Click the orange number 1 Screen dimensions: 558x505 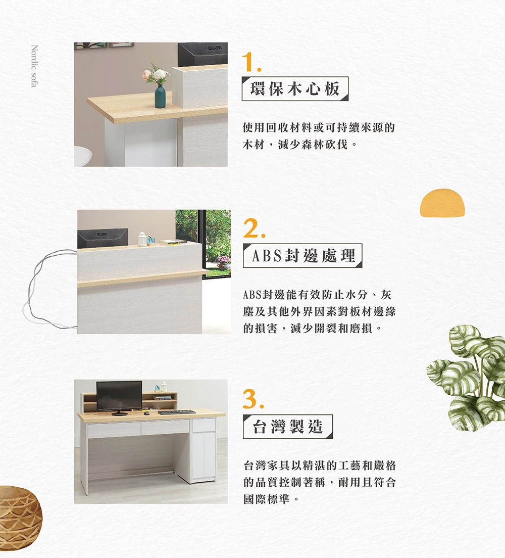250,62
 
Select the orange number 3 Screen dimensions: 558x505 252,400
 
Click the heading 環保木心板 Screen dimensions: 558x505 295,89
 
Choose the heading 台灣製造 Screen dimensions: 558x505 287,427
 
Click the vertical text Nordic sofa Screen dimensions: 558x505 34,66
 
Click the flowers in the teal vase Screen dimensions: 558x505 156,75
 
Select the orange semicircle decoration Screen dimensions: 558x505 442,203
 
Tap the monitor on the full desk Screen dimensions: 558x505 119,396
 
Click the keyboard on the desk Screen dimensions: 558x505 176,412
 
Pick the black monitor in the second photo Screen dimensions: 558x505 103,238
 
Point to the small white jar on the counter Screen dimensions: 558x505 142,239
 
